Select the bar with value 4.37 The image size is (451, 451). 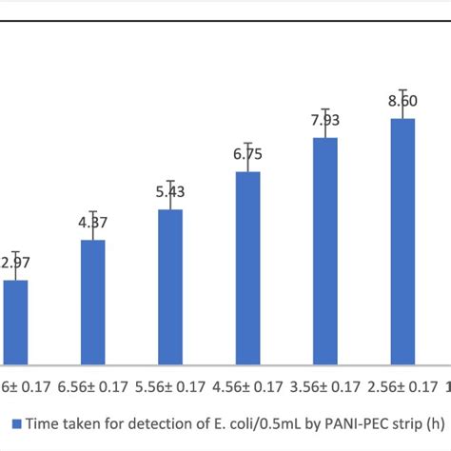(x=92, y=302)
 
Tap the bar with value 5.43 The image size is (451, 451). (x=170, y=286)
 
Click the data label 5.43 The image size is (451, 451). (x=170, y=191)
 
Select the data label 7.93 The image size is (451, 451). (x=325, y=121)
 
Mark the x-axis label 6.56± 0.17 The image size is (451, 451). (x=92, y=388)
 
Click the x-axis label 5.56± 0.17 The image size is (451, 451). (x=170, y=388)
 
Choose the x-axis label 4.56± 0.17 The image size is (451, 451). (x=248, y=388)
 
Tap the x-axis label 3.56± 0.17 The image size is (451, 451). (x=325, y=388)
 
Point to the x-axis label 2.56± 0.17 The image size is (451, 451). (x=403, y=388)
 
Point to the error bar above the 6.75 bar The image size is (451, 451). (x=248, y=158)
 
